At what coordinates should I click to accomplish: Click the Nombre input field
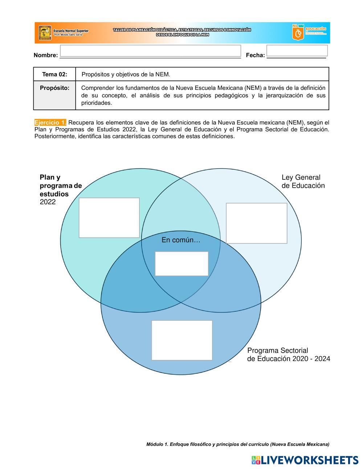(x=150, y=51)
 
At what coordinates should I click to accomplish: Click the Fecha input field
(x=297, y=50)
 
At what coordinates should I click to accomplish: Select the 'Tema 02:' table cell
(x=55, y=74)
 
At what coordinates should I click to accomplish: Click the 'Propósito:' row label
(x=54, y=88)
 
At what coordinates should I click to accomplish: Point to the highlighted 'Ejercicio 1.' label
(x=50, y=122)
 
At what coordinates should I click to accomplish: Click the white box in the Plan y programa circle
(x=109, y=217)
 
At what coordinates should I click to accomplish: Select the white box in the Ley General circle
(x=257, y=223)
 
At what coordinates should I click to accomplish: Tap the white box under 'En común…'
(x=181, y=263)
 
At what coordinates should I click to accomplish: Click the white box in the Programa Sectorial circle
(x=182, y=340)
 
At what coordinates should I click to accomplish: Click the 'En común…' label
(x=181, y=240)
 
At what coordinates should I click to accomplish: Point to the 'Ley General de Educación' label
(x=303, y=182)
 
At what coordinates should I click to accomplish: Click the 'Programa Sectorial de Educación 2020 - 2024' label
(x=289, y=355)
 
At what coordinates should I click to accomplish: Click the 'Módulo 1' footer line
(x=238, y=444)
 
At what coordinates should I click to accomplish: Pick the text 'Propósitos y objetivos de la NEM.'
(x=126, y=74)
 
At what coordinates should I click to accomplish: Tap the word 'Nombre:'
(x=46, y=55)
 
